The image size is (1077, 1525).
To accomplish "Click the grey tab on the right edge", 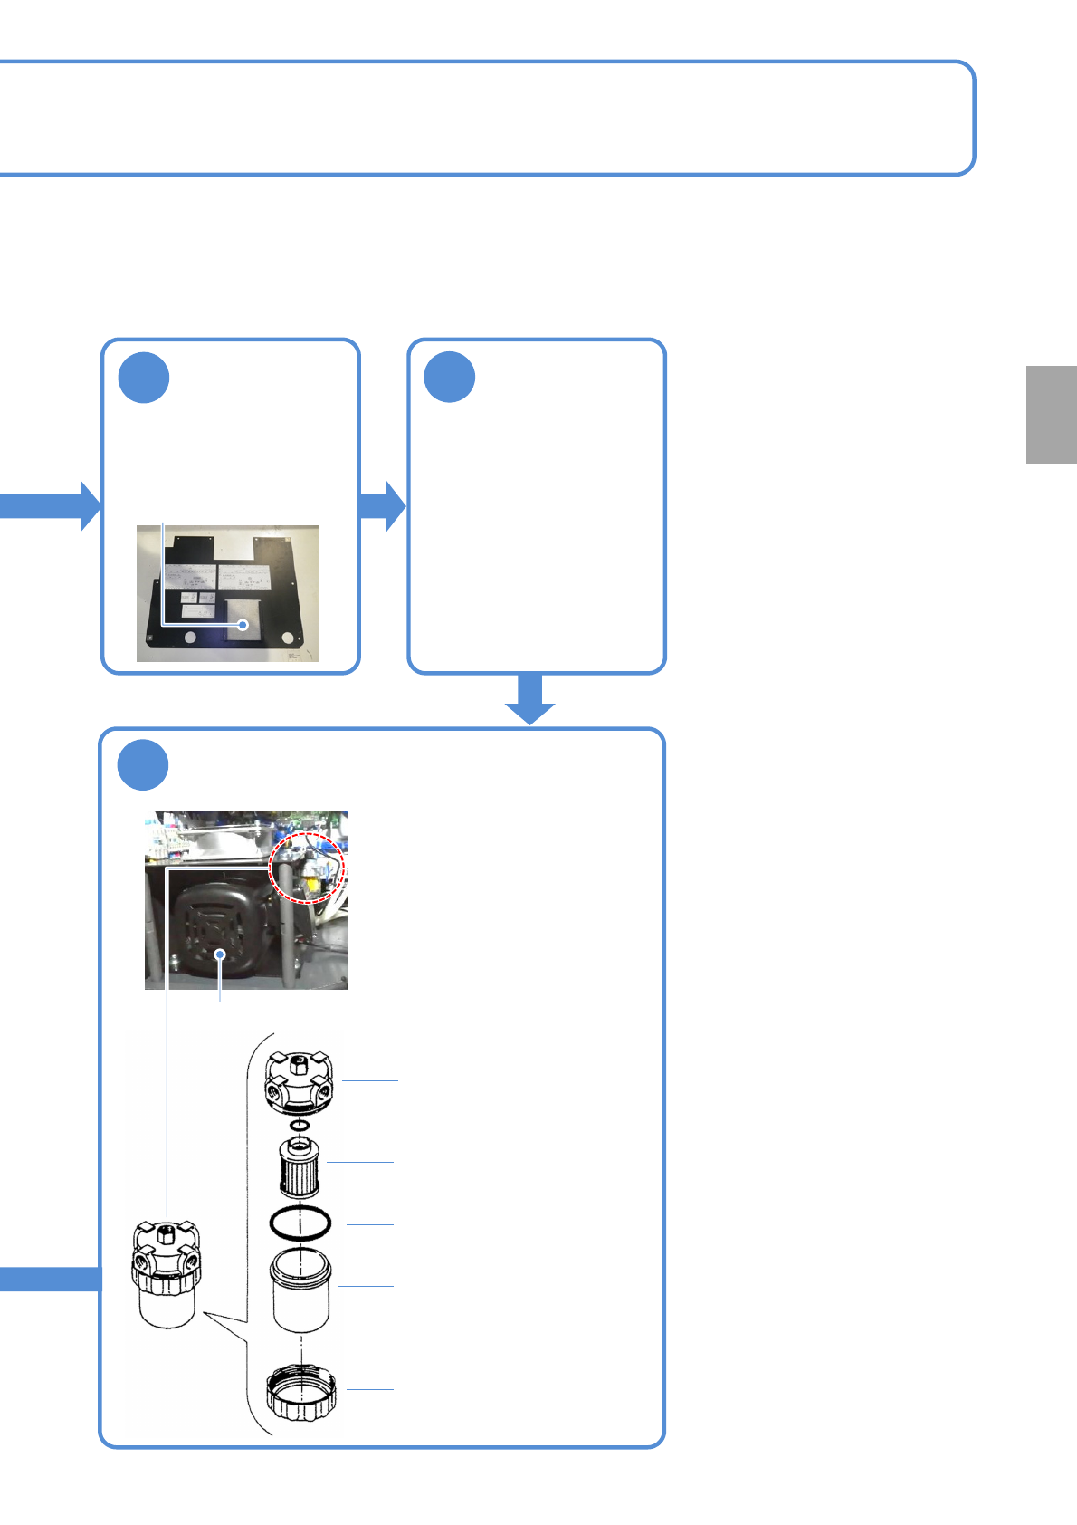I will [1051, 415].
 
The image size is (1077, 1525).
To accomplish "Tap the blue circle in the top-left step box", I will [144, 378].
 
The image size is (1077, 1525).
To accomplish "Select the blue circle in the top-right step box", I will [450, 378].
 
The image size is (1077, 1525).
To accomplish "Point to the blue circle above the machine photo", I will [143, 765].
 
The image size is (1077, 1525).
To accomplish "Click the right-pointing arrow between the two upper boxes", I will [383, 505].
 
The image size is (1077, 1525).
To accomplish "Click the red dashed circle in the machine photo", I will [309, 868].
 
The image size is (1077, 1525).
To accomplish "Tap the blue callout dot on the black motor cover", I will [220, 954].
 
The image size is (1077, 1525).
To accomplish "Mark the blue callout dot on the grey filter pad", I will [243, 625].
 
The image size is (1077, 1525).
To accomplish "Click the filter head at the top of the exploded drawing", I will [299, 1081].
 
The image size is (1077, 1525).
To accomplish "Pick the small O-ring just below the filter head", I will [300, 1126].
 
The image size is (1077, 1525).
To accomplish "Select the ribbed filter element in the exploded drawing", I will [299, 1167].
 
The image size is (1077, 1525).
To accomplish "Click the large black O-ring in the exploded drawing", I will [300, 1223].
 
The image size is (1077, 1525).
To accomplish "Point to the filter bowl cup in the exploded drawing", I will [300, 1290].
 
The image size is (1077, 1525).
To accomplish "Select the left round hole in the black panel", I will [189, 638].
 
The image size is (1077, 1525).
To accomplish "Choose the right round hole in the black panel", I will [288, 638].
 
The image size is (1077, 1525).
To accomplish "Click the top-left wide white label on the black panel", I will [190, 576].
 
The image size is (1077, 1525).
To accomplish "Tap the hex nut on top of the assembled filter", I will [167, 1232].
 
